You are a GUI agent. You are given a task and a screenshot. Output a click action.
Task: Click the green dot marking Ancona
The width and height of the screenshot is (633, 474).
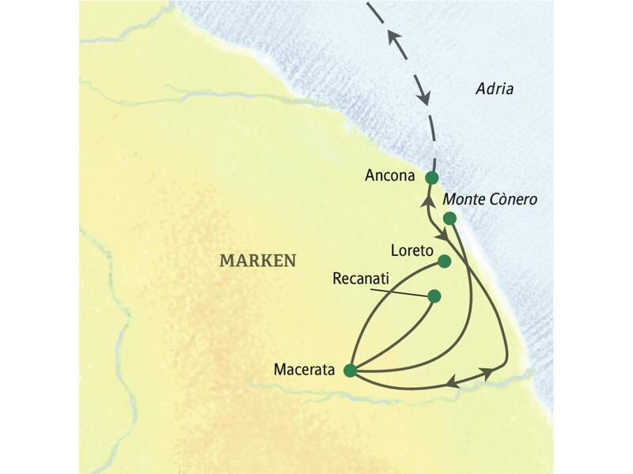click(431, 177)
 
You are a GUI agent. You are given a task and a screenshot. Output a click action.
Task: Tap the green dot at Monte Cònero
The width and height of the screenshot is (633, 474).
click(449, 218)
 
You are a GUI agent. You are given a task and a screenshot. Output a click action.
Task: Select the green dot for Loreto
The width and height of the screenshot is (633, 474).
click(444, 261)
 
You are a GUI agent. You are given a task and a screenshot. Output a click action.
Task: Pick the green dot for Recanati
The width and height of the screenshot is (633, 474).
click(434, 296)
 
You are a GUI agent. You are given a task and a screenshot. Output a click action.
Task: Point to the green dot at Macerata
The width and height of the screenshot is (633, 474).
click(349, 369)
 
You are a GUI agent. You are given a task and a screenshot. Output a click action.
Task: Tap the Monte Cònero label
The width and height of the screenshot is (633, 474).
click(490, 200)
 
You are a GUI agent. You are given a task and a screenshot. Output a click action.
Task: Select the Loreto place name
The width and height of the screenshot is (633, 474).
click(411, 251)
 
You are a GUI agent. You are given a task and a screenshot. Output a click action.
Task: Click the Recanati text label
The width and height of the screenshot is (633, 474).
click(360, 279)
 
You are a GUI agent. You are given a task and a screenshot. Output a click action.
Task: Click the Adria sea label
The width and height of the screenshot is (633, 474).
click(495, 89)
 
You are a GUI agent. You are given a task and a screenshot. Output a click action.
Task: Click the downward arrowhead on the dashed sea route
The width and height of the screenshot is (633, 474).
click(425, 98)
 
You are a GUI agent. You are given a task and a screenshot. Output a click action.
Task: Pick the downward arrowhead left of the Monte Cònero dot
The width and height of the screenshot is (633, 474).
click(445, 235)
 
